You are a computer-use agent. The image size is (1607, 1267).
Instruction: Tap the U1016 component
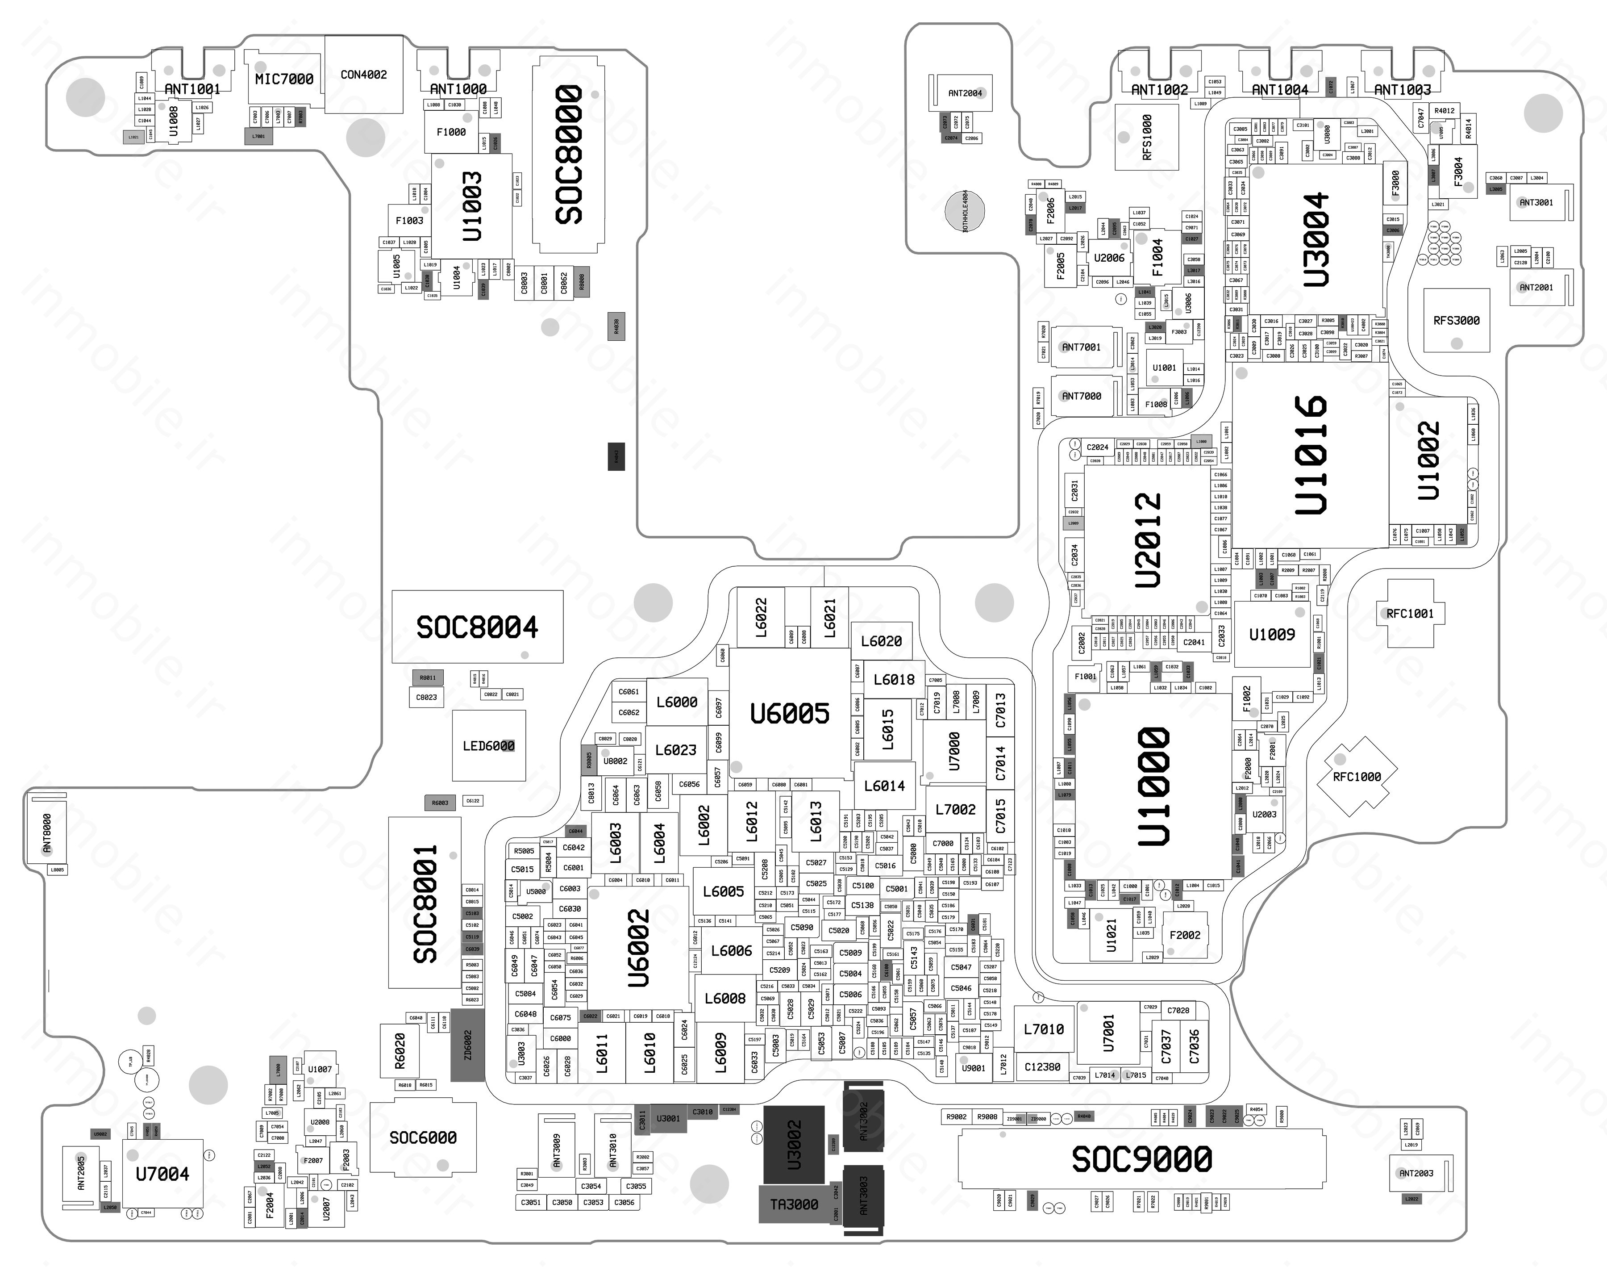click(1310, 455)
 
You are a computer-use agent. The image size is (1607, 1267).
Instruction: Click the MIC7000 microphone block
click(284, 79)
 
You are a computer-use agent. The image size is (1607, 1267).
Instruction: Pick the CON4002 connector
click(363, 74)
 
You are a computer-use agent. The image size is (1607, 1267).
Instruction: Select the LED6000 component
click(489, 745)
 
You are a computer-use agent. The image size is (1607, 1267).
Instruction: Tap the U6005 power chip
click(790, 714)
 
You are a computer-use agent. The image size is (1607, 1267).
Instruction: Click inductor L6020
click(881, 641)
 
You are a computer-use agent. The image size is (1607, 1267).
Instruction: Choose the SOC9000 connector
click(1141, 1158)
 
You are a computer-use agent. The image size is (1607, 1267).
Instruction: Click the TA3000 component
click(794, 1204)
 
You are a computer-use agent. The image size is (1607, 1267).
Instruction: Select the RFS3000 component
click(1457, 321)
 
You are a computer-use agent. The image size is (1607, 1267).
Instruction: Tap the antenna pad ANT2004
click(965, 93)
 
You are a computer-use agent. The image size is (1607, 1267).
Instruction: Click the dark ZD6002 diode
click(468, 1045)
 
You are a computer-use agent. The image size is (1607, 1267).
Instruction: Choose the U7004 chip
click(162, 1174)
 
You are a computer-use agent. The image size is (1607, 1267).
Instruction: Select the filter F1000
click(451, 132)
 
